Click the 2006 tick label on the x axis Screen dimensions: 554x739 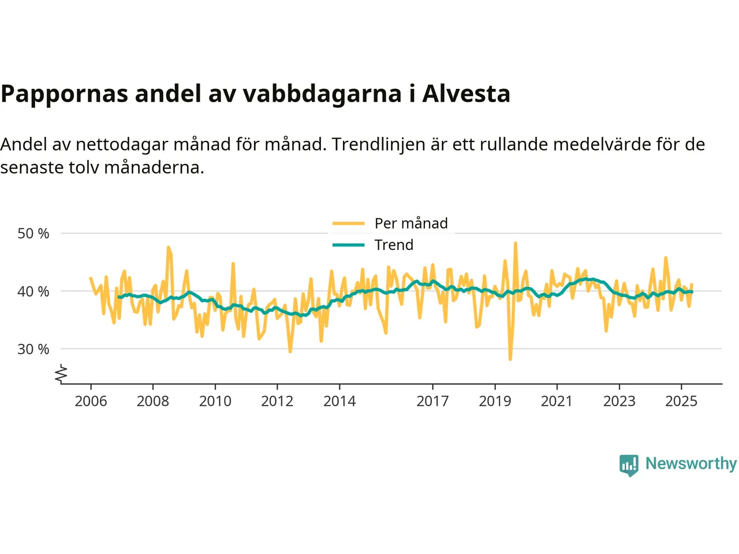(91, 401)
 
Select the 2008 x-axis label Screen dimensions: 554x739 (153, 401)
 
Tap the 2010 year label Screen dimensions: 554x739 (215, 401)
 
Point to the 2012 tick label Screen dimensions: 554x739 (277, 401)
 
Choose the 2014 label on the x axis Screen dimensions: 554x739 (339, 401)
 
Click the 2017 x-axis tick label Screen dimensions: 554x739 (432, 401)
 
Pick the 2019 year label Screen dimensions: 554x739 (495, 401)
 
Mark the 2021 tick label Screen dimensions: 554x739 (557, 401)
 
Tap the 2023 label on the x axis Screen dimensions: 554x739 (619, 401)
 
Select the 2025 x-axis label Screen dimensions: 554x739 (681, 401)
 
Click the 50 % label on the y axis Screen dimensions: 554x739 (33, 234)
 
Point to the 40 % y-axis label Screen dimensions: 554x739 (33, 291)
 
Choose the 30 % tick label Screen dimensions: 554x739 (33, 349)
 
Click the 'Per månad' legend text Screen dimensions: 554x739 (411, 223)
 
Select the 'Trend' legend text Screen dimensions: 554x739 (394, 245)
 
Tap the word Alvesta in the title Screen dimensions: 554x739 (466, 93)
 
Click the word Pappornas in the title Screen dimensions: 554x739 (64, 93)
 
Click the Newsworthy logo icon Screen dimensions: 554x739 (629, 465)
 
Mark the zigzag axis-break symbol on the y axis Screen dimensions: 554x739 (61, 375)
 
